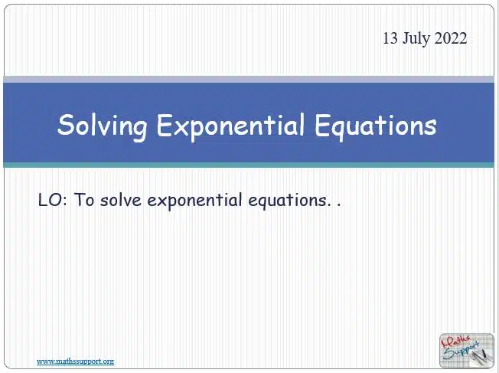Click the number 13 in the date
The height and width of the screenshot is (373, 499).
[x=390, y=38]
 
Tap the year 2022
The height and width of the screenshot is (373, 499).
[x=451, y=38]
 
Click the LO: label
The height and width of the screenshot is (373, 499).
[x=53, y=201]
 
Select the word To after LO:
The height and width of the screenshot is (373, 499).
[x=84, y=201]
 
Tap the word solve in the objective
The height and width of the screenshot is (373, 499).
[x=121, y=201]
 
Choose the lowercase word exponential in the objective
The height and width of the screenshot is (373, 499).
[x=194, y=201]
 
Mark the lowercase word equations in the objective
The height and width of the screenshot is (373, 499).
[x=288, y=201]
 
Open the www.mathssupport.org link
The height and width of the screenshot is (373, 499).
[x=76, y=362]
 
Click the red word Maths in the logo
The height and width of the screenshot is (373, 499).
[x=455, y=342]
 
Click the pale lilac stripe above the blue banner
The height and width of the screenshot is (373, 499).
[x=249, y=80]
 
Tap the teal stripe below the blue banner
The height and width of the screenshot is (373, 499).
[x=249, y=165]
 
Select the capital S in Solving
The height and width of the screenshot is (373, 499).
[x=66, y=125]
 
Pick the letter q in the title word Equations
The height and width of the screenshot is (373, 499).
[x=338, y=130]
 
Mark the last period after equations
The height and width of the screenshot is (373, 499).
[x=338, y=205]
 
